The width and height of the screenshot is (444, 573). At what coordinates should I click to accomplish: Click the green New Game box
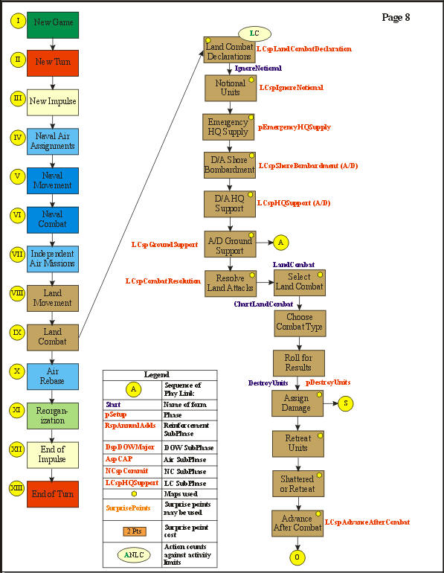53,24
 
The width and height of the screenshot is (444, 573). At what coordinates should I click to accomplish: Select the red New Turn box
53,63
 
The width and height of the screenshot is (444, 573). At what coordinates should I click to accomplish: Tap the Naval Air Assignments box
53,141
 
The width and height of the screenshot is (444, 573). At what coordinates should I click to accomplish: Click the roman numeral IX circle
18,332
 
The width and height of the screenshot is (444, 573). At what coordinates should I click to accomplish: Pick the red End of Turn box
53,494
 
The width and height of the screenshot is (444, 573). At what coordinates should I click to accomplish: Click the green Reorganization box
53,415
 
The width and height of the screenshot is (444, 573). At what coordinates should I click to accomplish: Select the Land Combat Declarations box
230,49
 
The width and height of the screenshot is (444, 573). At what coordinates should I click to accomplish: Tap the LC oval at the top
254,33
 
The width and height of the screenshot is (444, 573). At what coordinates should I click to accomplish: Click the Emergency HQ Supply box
230,127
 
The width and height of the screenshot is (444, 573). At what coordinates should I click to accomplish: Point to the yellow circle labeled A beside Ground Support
280,242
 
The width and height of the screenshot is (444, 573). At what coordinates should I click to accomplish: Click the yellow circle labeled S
346,403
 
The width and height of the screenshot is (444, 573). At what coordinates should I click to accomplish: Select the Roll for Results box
298,364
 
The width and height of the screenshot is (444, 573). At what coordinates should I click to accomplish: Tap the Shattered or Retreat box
297,484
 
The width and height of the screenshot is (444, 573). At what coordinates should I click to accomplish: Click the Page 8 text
396,17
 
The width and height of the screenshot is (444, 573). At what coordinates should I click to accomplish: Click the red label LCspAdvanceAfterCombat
367,522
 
